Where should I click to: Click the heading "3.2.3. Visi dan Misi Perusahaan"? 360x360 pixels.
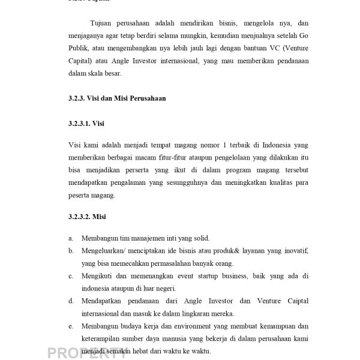point(116,98)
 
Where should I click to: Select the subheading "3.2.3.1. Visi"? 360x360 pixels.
point(87,124)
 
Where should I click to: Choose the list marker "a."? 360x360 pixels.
point(71,238)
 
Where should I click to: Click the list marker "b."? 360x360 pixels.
point(71,251)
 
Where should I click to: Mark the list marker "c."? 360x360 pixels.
point(71,277)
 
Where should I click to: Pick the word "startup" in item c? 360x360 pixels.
point(196,277)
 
